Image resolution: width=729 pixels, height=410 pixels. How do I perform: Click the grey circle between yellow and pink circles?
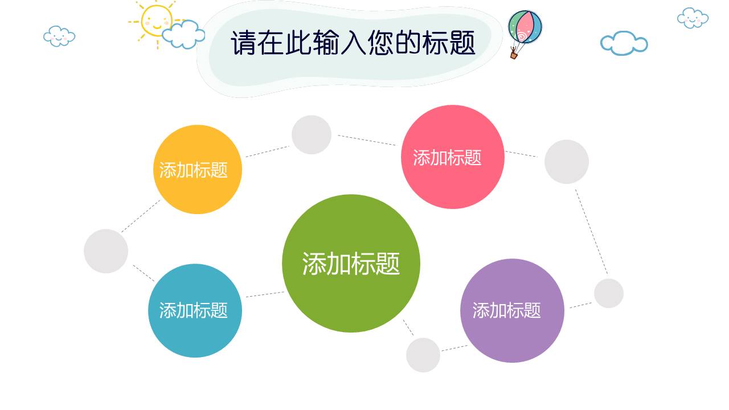312,135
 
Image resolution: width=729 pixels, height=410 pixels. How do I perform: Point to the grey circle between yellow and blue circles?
106,251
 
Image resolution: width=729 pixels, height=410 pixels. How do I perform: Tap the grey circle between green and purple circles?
423,355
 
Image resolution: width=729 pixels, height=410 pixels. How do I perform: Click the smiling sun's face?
155,20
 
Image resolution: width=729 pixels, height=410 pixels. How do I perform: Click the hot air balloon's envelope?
525,27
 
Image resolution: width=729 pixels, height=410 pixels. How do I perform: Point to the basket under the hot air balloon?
514,55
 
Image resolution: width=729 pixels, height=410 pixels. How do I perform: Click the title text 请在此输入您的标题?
353,43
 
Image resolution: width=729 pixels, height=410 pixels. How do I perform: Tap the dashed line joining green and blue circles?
265,294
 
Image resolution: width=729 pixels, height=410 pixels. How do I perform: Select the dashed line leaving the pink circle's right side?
521,154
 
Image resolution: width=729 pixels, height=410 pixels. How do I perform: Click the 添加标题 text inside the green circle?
351,264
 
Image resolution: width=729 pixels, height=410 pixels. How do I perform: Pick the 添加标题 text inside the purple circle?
506,310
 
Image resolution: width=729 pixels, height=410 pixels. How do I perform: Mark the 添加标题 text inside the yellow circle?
194,170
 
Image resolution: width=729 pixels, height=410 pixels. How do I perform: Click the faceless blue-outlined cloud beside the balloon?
624,43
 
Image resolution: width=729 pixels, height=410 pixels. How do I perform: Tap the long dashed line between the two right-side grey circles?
591,232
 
